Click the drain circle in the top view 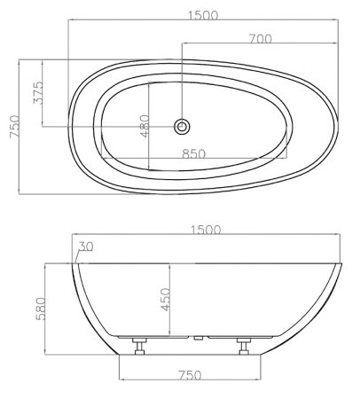tap(182, 126)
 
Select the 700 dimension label tap(260, 38)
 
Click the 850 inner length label tap(194, 153)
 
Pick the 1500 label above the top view tap(204, 15)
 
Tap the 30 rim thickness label tap(85, 246)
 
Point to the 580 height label tap(37, 309)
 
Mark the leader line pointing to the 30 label tap(78, 256)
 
